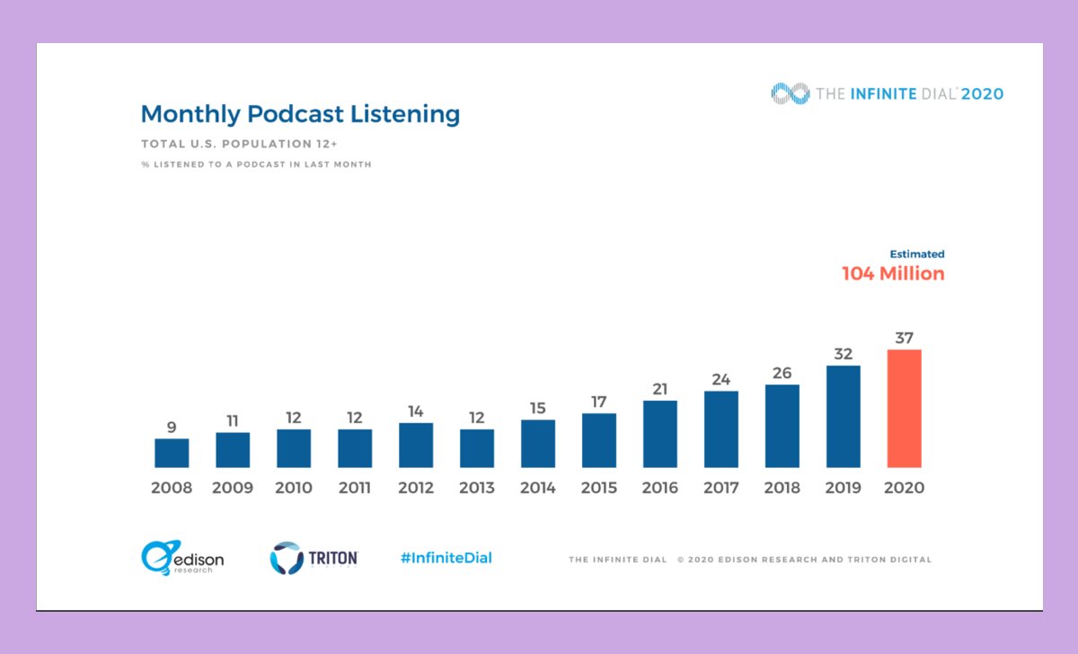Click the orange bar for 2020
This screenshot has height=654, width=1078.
click(x=904, y=409)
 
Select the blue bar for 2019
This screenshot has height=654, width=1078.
click(x=843, y=417)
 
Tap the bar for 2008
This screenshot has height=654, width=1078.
click(x=172, y=453)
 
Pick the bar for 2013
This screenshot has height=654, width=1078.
click(x=477, y=448)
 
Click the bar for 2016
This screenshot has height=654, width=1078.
click(x=660, y=434)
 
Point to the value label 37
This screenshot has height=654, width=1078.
click(x=904, y=338)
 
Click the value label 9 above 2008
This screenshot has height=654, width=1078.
click(x=172, y=427)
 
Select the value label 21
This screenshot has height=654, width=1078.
click(x=660, y=389)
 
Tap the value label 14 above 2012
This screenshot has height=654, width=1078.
click(x=416, y=411)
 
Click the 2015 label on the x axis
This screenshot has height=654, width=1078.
click(x=599, y=489)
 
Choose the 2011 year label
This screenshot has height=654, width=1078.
click(x=355, y=489)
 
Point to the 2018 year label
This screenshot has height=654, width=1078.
click(x=782, y=489)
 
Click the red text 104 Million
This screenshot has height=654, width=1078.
click(x=893, y=274)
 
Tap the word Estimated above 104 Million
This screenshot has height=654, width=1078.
click(x=916, y=254)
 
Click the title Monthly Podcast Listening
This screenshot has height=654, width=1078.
click(x=300, y=114)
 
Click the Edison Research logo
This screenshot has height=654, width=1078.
click(x=182, y=558)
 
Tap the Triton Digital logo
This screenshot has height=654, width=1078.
click(x=314, y=558)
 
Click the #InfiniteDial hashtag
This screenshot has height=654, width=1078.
click(x=446, y=558)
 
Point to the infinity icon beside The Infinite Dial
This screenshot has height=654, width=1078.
click(x=789, y=93)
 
